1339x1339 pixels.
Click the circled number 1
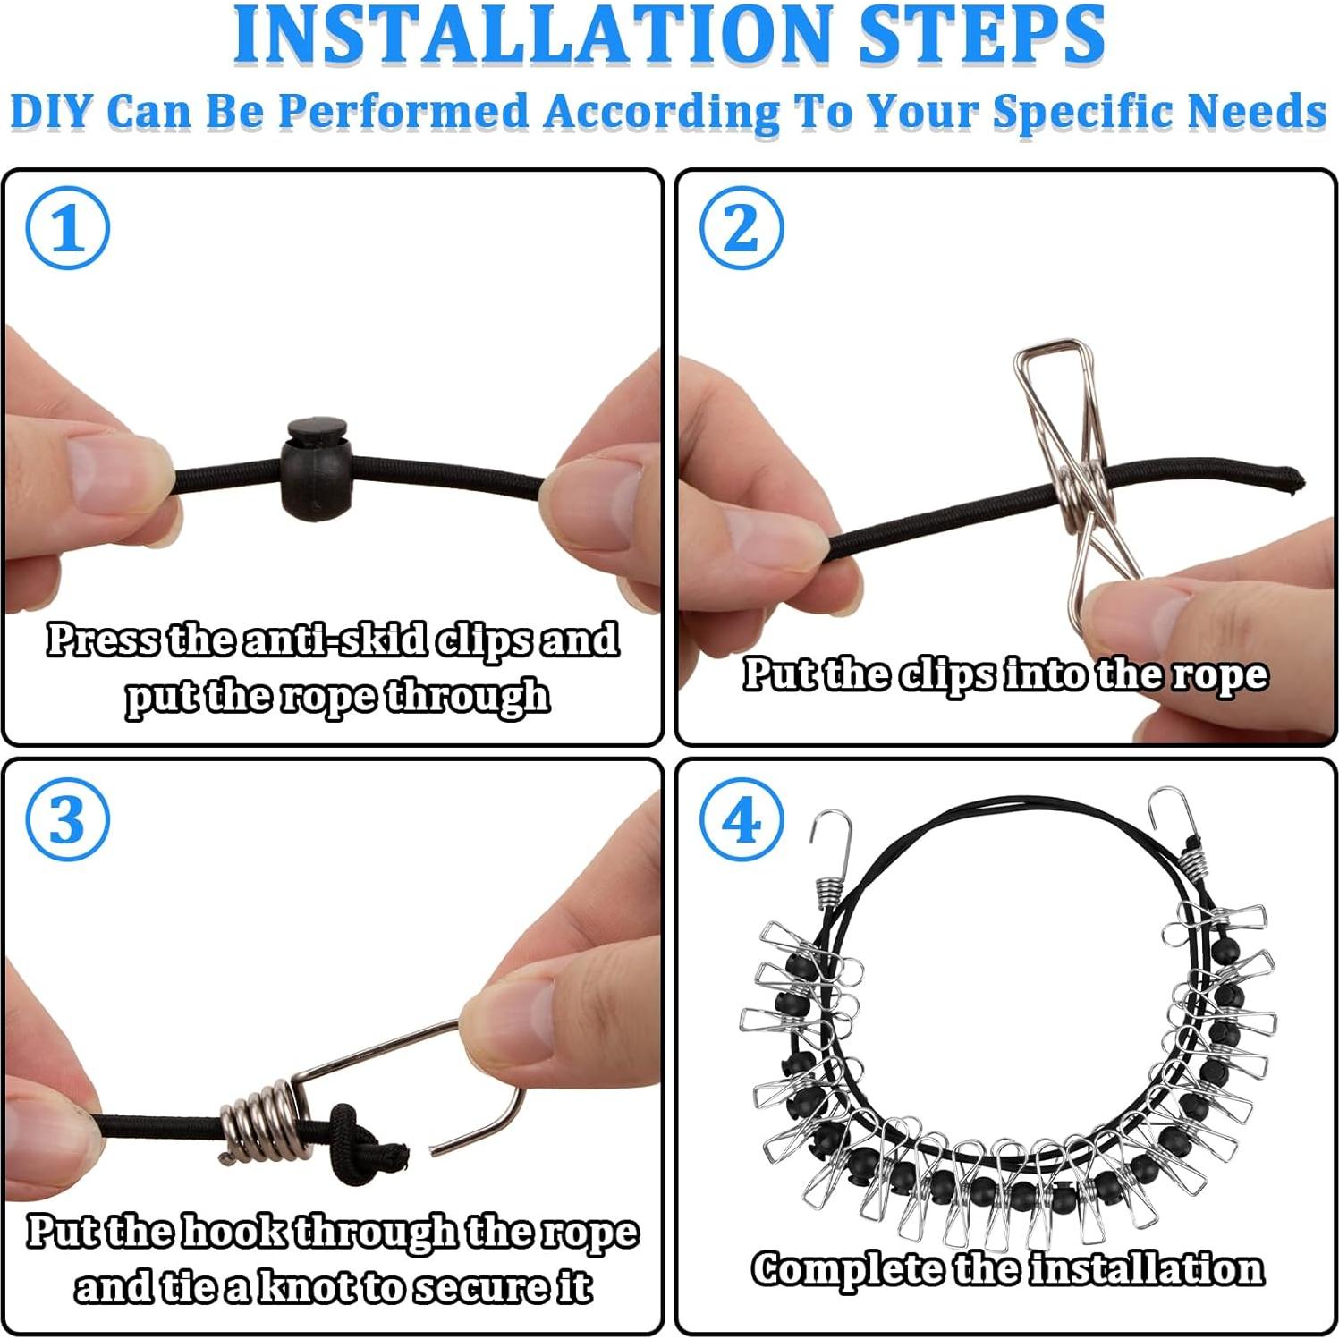(68, 228)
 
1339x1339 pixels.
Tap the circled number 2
(741, 228)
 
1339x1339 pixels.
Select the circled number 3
(68, 819)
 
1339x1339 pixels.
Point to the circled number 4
(741, 819)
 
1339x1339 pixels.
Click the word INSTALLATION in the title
(532, 34)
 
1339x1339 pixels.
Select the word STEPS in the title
(981, 34)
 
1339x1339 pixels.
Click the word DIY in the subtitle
(51, 113)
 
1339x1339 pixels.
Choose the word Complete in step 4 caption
(846, 1269)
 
